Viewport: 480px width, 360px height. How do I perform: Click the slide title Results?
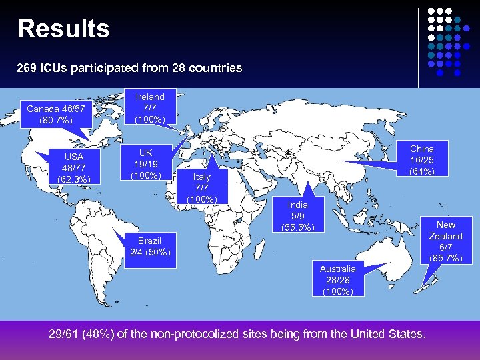[64, 29]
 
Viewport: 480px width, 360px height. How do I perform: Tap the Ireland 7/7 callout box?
[150, 107]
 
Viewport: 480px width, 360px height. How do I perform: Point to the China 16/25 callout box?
[421, 160]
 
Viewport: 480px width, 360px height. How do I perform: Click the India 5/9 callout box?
[298, 216]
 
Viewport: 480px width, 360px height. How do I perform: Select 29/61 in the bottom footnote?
[63, 333]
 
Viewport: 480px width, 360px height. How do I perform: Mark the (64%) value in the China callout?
[421, 171]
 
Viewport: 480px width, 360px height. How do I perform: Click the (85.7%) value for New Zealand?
[445, 258]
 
